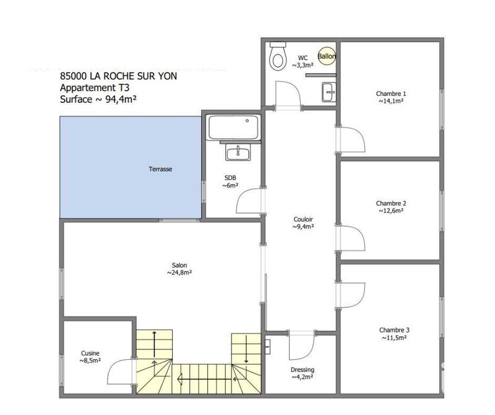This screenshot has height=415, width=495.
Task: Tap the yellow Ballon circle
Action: [327, 56]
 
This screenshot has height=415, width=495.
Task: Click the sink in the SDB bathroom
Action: [236, 152]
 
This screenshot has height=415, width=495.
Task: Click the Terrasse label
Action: [160, 168]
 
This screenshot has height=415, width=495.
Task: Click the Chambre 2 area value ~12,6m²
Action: [391, 211]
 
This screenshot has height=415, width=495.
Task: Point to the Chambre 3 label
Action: [395, 330]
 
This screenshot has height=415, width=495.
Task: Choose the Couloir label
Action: [303, 219]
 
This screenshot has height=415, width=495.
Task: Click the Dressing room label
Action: [303, 370]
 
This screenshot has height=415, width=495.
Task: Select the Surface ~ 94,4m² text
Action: [99, 99]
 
